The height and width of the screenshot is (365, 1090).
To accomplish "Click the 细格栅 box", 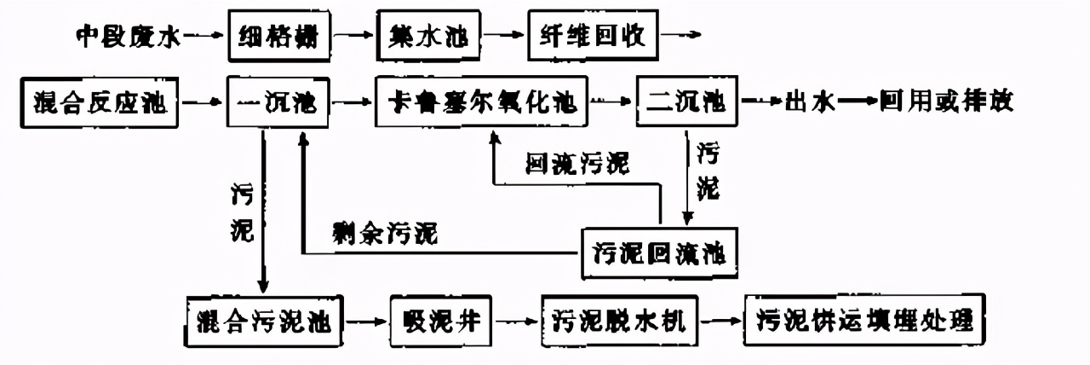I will point(279,37).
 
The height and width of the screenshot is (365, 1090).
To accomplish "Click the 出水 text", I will point(808,103).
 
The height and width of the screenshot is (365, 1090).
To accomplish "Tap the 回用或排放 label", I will point(941,103).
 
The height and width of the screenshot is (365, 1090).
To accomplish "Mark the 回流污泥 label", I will point(578,164).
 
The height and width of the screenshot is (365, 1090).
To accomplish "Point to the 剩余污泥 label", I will point(386,233).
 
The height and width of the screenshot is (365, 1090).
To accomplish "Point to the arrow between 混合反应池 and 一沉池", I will point(202,104).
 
